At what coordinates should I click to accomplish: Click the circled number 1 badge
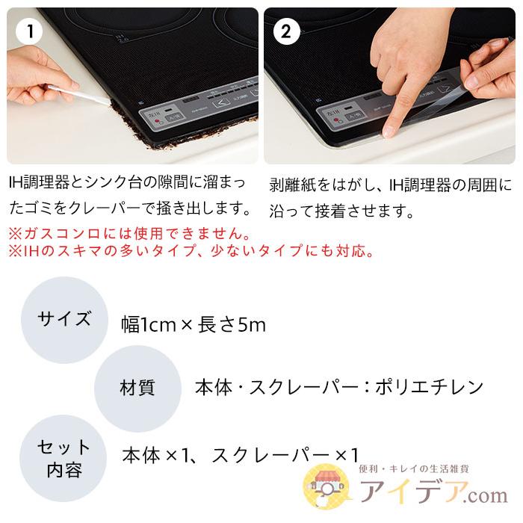tap(31, 31)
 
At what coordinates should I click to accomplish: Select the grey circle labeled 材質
tap(137, 389)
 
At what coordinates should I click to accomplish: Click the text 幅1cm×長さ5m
tap(194, 324)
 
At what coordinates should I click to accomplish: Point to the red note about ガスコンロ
tap(129, 232)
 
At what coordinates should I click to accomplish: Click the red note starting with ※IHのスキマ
tap(191, 251)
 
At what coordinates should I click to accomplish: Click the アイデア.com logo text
tap(434, 494)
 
